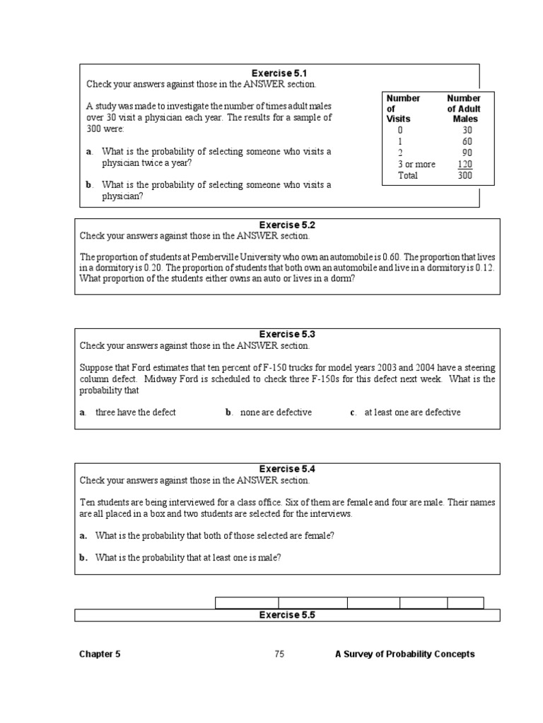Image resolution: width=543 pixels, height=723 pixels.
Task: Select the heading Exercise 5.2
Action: (287, 225)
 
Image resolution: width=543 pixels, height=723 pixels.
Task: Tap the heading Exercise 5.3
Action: (287, 334)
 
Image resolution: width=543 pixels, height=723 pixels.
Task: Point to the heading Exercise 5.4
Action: (287, 469)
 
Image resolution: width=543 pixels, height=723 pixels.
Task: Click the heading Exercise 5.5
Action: (287, 615)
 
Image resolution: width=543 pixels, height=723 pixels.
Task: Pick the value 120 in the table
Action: (464, 165)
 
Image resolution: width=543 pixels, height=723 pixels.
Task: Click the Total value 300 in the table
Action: (464, 176)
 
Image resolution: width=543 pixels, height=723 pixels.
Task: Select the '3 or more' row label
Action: (416, 165)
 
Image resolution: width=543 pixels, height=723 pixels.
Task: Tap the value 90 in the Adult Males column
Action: (465, 153)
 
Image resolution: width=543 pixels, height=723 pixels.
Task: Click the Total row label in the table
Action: (408, 176)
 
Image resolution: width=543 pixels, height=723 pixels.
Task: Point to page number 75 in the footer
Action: (279, 655)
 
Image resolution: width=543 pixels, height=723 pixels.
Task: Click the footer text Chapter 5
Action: (100, 655)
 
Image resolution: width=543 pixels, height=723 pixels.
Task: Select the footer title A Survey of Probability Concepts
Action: (404, 655)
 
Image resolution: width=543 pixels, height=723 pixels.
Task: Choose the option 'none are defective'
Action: (276, 412)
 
